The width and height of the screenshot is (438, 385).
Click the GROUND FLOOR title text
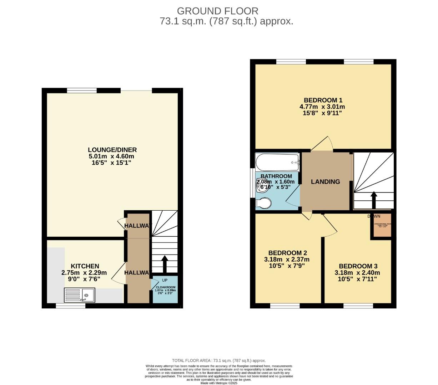point(217,11)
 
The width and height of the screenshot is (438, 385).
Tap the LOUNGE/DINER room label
point(112,150)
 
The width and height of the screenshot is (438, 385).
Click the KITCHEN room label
point(85,266)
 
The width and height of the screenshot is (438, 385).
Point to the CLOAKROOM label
point(165,287)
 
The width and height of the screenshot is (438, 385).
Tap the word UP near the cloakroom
point(165,280)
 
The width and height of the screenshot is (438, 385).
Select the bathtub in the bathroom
point(277,162)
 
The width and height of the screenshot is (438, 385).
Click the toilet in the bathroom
point(264,203)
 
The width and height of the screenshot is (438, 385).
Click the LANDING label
point(325,182)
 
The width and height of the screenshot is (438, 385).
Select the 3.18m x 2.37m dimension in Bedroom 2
point(287,260)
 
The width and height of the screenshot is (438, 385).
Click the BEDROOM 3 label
point(358,266)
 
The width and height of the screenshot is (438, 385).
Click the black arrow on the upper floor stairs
point(374,200)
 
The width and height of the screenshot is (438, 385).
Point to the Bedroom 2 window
point(285,306)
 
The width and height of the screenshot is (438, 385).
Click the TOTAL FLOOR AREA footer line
point(219,361)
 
